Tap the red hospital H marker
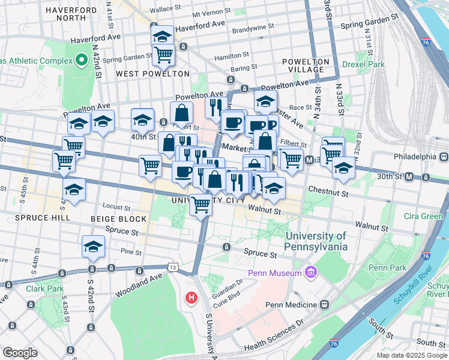191,297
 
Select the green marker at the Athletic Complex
82,61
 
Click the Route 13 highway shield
173,266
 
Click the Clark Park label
44,289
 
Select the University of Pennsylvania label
316,241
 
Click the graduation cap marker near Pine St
94,247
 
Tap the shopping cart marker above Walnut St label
200,206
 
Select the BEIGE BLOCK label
118,219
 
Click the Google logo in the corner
20,353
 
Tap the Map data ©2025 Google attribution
411,355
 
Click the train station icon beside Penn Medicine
324,305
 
